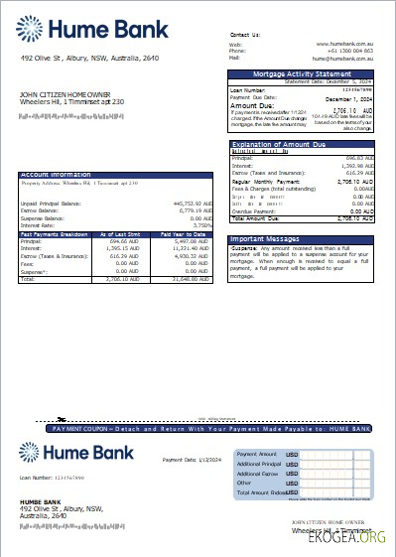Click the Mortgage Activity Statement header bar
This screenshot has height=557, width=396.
302,74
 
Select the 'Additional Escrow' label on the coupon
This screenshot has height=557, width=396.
260,474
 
